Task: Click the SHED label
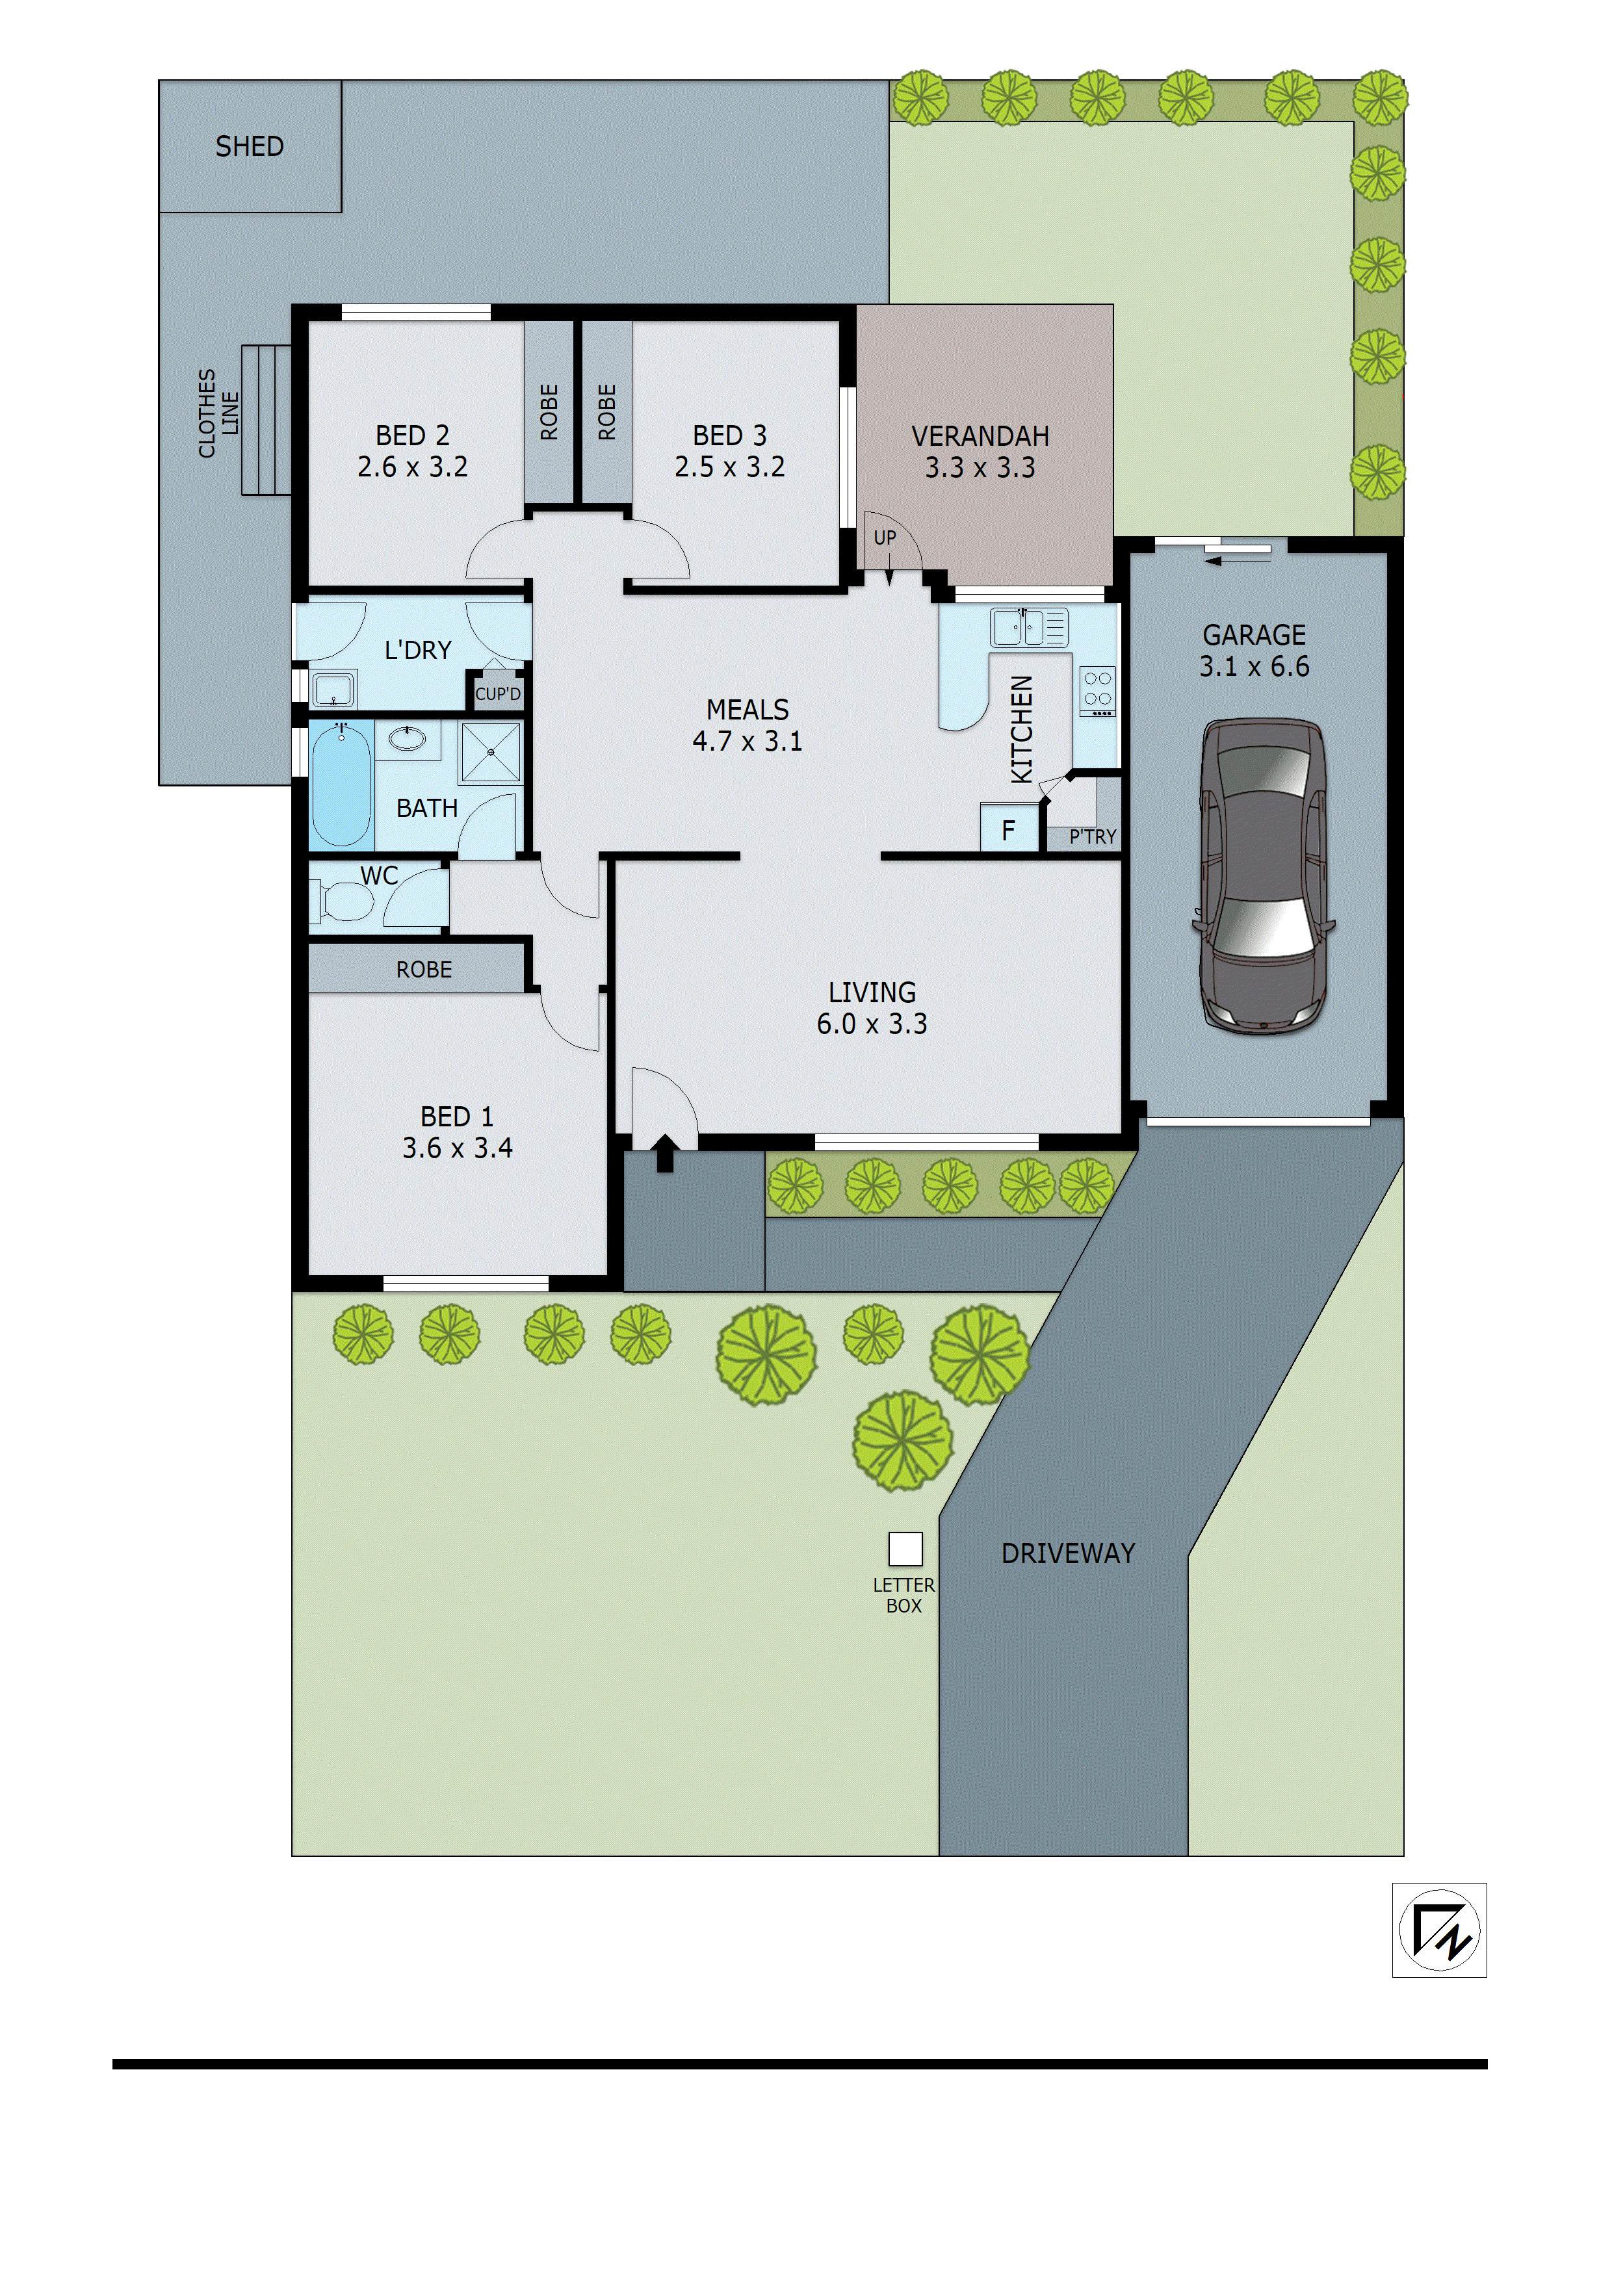pyautogui.click(x=250, y=147)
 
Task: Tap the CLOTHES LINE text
pyautogui.click(x=218, y=413)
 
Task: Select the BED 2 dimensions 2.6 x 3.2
pyautogui.click(x=412, y=467)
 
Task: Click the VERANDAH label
pyautogui.click(x=980, y=436)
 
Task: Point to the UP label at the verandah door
pyautogui.click(x=884, y=538)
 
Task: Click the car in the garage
pyautogui.click(x=1262, y=877)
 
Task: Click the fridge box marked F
pyautogui.click(x=1008, y=830)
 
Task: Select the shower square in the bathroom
pyautogui.click(x=489, y=752)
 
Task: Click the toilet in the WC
pyautogui.click(x=343, y=901)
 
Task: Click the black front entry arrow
pyautogui.click(x=664, y=1154)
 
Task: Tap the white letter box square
pyautogui.click(x=904, y=1549)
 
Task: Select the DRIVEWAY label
pyautogui.click(x=1068, y=1553)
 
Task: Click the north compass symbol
pyautogui.click(x=1438, y=1930)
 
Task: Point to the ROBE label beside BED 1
pyautogui.click(x=423, y=969)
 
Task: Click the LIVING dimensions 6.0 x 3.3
pyautogui.click(x=871, y=1024)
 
